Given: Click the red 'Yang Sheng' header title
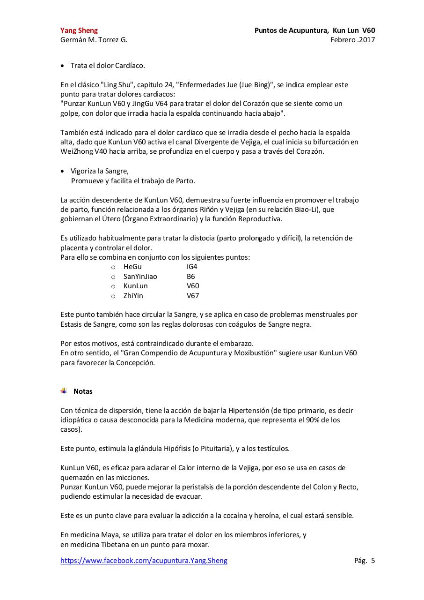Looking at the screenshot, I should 79,30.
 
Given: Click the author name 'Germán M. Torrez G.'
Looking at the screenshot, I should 94,40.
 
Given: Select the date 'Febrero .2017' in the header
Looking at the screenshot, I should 352,40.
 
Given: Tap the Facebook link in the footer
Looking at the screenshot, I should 144,561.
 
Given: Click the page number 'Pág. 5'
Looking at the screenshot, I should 365,561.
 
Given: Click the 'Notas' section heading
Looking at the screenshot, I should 83,391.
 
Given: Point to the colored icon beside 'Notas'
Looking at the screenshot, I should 64,391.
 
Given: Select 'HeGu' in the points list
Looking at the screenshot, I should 132,267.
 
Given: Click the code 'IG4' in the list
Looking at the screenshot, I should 192,267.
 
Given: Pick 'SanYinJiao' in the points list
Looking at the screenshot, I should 140,277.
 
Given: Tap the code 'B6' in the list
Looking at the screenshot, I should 191,277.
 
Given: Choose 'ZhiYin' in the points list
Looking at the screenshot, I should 133,296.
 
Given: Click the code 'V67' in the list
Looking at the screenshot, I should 193,296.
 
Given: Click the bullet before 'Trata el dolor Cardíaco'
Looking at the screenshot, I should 63,66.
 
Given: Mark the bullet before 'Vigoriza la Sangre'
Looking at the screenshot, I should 63,172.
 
